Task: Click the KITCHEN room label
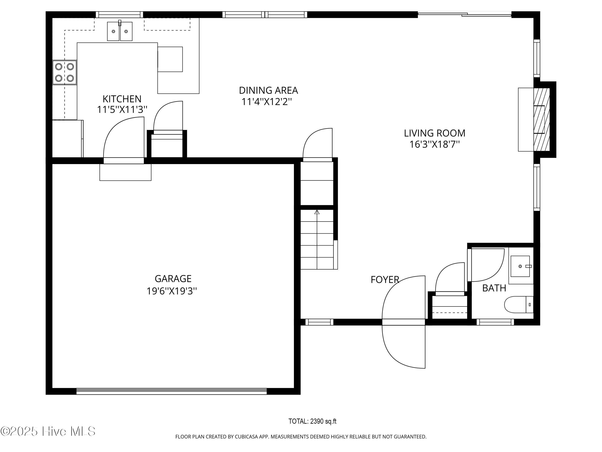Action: pos(122,99)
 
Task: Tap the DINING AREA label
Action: pos(268,90)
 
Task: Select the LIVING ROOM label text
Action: pos(435,133)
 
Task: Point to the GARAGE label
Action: pos(173,278)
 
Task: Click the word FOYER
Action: pos(385,280)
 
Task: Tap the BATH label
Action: pos(494,288)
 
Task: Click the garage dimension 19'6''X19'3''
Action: pos(172,291)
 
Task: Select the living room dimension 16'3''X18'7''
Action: pos(435,144)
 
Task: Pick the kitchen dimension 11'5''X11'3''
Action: pos(122,110)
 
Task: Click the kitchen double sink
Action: pos(120,31)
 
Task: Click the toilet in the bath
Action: pos(519,305)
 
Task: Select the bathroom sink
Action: pos(520,266)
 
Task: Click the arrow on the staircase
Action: pos(317,212)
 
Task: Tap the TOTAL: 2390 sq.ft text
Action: pos(312,421)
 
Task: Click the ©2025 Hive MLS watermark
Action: pos(48,431)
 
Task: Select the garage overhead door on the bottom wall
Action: pos(172,391)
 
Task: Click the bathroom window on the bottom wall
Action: pos(495,322)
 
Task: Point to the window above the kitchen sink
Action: pos(119,14)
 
